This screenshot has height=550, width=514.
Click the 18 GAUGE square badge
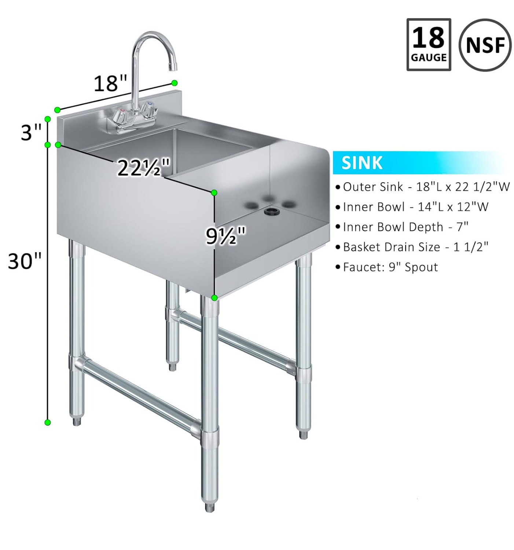coord(429,44)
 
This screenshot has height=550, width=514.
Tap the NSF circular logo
coord(485,45)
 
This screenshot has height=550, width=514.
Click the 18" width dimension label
coord(110,84)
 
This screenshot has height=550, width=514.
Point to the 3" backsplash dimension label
coord(31,132)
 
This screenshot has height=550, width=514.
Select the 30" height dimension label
coord(25,261)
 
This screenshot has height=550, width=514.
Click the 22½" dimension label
coord(144,168)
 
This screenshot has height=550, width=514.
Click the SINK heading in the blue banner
coord(362,163)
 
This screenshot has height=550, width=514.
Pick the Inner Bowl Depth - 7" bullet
coord(405,227)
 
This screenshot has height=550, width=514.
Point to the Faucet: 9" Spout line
coord(390,267)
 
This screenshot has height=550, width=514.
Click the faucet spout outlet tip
coord(173,68)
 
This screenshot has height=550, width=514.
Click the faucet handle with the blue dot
coord(148,109)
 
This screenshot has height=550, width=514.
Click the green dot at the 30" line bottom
coord(47,422)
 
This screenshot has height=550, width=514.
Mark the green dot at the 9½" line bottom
coord(214,298)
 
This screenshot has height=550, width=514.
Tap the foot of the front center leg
coord(209,507)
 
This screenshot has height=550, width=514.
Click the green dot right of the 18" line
coord(175,83)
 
